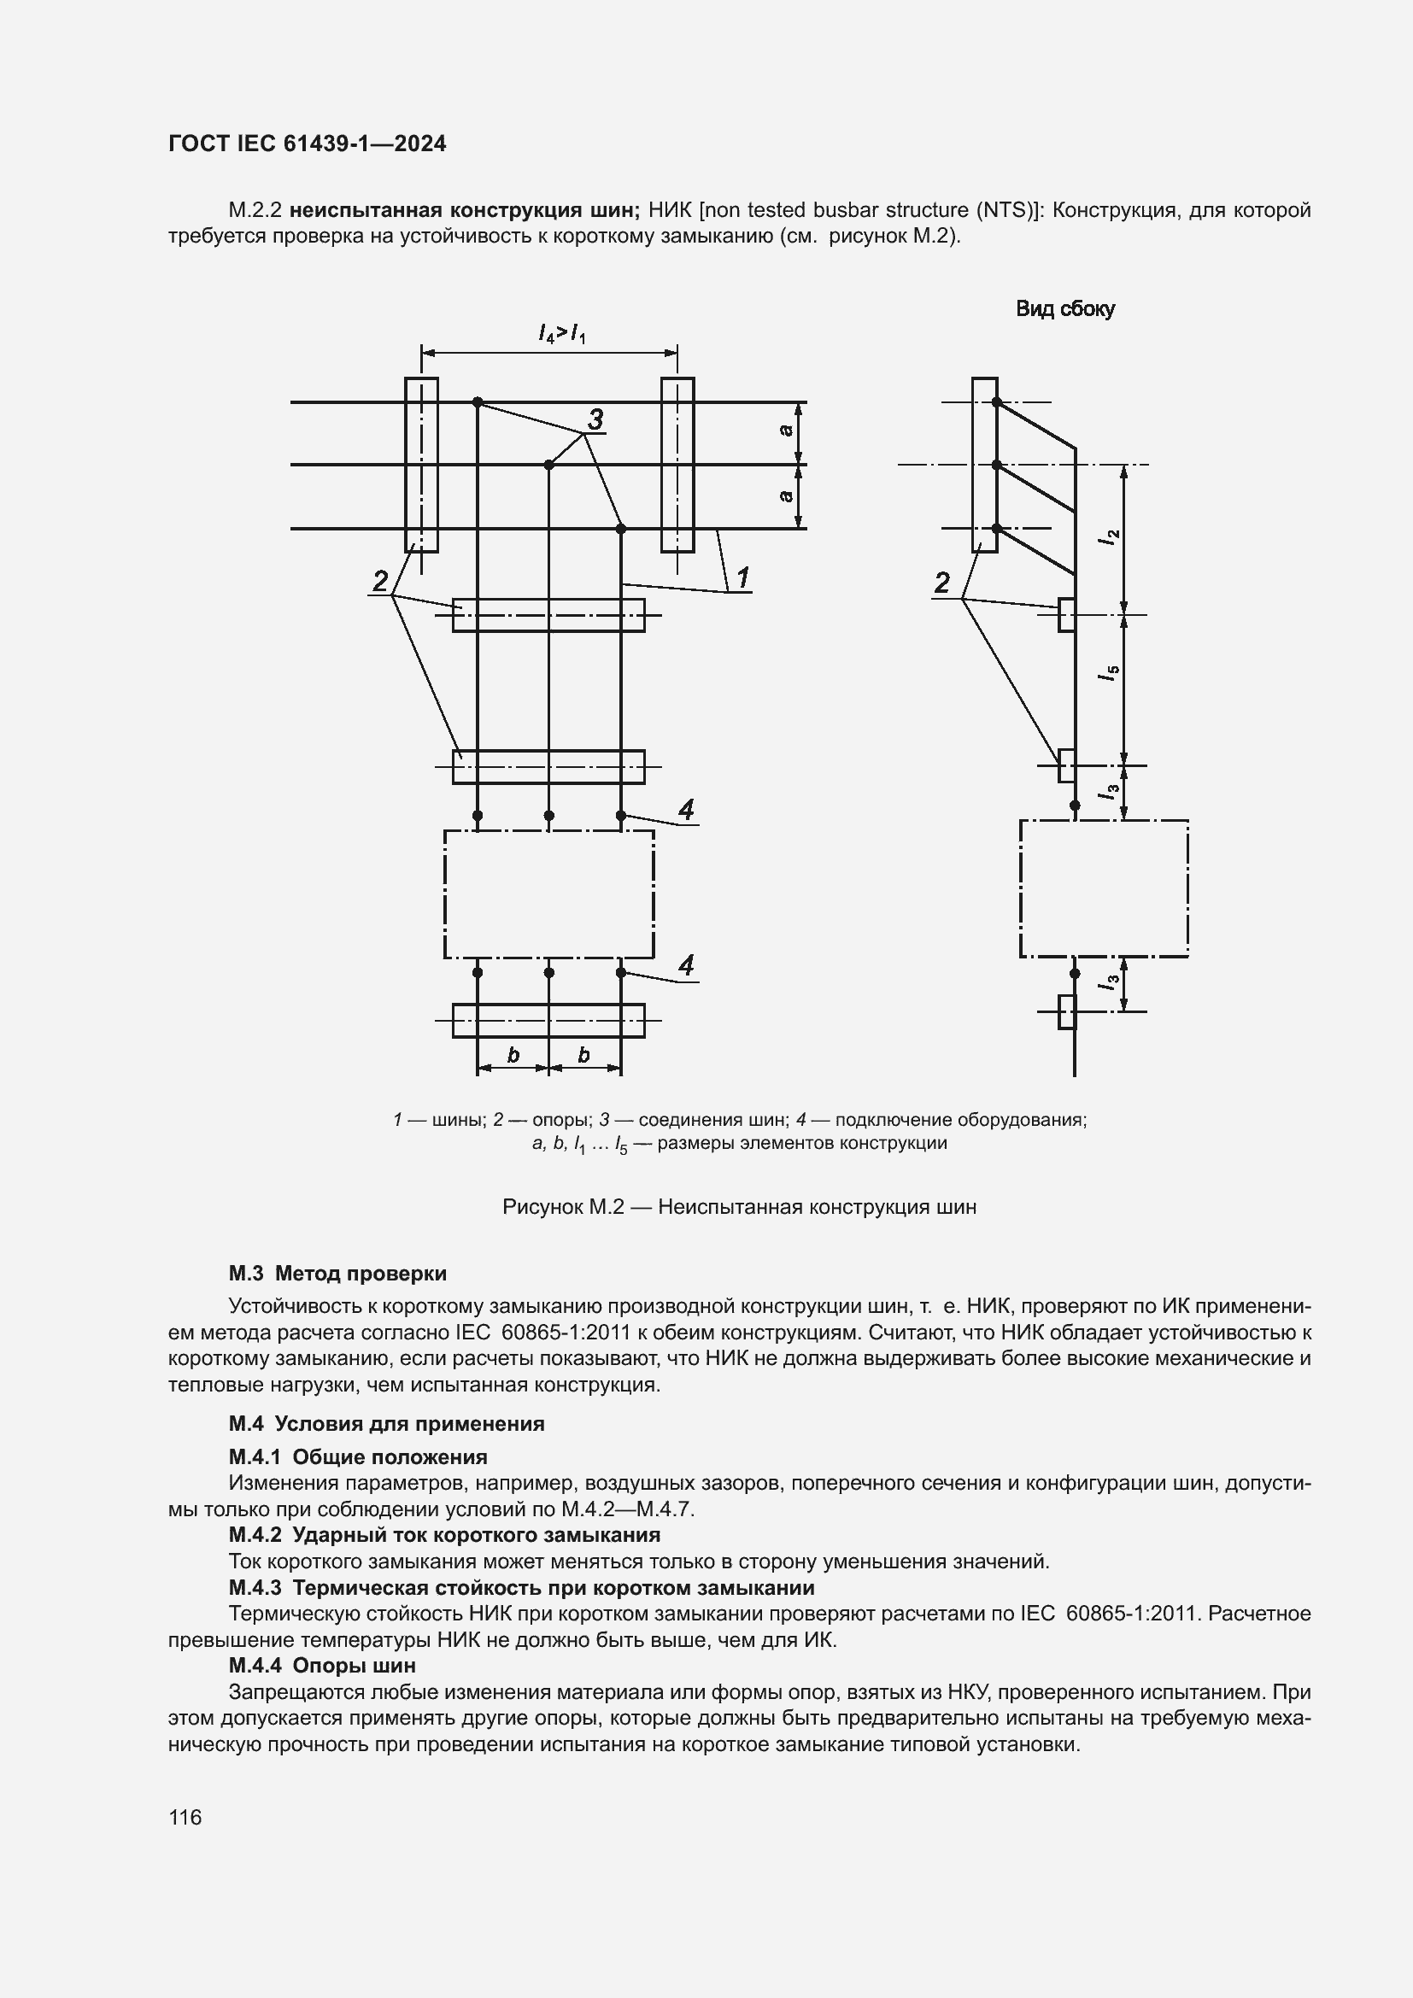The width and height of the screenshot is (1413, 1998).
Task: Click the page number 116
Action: point(185,1817)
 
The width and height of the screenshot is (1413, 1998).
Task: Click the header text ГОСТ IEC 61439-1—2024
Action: point(308,144)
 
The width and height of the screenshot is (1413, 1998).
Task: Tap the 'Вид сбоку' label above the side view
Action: point(1065,309)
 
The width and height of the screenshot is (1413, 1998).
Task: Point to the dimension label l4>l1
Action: point(561,332)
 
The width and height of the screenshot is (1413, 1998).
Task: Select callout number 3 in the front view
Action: point(595,419)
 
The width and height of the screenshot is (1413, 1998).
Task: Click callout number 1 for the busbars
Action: point(743,577)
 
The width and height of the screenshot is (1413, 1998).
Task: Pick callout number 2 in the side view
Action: point(941,583)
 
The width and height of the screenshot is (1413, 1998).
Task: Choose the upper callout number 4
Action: point(686,810)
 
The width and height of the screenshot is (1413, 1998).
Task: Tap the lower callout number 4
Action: point(686,965)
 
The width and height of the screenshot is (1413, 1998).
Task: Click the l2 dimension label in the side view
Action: point(1109,539)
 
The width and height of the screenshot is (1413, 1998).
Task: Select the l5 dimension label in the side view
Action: point(1109,672)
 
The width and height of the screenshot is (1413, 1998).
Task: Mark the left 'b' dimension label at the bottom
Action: point(513,1055)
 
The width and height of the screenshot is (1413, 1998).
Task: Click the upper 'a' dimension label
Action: point(786,430)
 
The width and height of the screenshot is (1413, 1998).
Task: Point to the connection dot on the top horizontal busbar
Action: point(478,402)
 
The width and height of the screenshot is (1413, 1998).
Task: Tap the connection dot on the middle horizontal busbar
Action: point(549,465)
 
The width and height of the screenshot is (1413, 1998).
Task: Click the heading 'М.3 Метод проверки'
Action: point(337,1273)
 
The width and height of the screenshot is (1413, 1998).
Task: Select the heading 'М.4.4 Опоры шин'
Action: point(322,1665)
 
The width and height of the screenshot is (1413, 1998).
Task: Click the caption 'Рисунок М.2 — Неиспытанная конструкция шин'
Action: point(740,1207)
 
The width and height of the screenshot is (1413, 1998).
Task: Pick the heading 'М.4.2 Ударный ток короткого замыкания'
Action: point(444,1534)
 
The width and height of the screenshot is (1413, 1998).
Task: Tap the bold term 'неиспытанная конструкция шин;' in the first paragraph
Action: point(466,210)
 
